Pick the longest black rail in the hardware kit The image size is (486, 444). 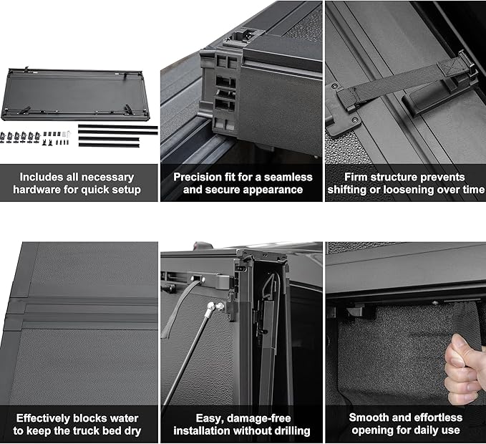(117, 127)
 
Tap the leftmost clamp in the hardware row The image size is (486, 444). (9, 135)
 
